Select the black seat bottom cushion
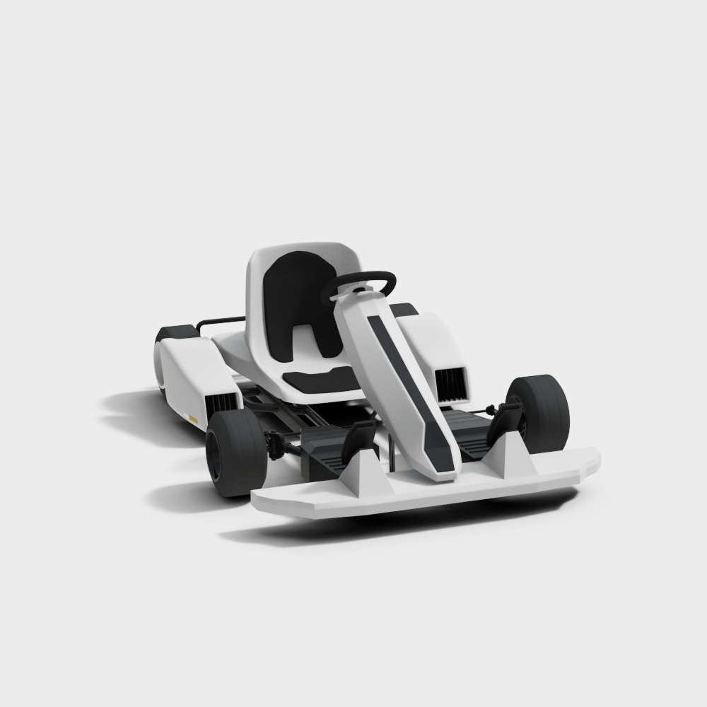pos(322,380)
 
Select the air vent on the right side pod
pos(450,384)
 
